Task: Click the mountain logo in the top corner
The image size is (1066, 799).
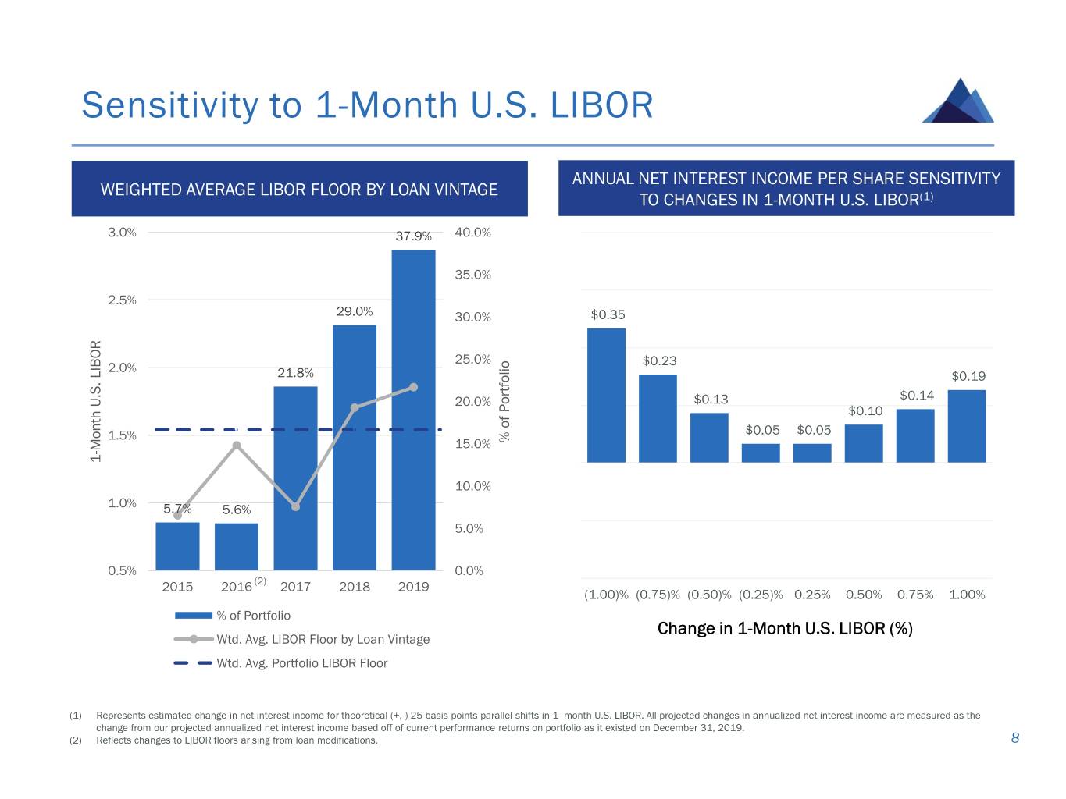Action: click(958, 101)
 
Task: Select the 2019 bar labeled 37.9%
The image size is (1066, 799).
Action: click(413, 410)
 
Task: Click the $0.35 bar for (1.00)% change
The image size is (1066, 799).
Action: click(606, 395)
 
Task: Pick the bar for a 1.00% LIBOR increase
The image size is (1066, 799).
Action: click(966, 426)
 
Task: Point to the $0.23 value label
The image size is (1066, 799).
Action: click(659, 360)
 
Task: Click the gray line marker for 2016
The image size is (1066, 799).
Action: click(237, 446)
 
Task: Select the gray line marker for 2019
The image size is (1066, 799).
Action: click(413, 387)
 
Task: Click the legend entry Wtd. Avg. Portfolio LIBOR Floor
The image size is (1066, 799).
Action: click(301, 663)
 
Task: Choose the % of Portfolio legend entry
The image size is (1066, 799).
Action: click(253, 616)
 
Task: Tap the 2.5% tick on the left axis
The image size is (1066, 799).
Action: click(122, 300)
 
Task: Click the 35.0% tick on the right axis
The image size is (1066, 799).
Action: click(472, 275)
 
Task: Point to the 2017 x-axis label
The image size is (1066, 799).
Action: click(295, 587)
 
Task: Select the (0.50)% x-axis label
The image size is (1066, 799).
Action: click(709, 595)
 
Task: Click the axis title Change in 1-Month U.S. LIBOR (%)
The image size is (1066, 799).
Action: click(785, 629)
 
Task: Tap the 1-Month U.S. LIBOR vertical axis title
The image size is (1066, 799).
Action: click(96, 401)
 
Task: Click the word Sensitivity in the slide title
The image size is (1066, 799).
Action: click(170, 105)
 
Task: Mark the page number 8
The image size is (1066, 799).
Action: click(1015, 738)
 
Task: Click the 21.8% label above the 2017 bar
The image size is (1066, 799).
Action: click(295, 373)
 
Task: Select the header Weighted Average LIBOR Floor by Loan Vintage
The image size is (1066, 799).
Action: click(299, 190)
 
